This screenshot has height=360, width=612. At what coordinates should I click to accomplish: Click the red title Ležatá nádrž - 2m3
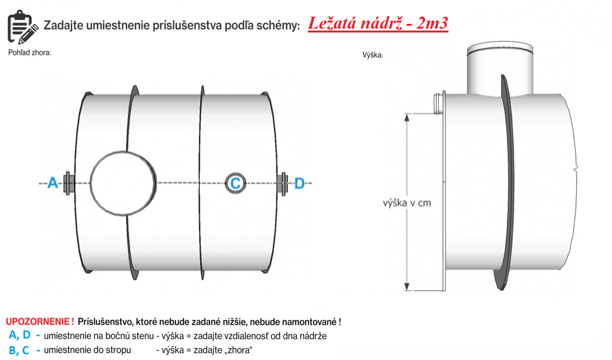coord(378,23)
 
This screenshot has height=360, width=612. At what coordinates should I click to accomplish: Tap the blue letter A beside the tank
coord(53,183)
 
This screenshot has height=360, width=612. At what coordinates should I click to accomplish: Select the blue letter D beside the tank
coord(299,183)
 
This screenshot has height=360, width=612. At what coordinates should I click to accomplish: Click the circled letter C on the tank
coord(235,183)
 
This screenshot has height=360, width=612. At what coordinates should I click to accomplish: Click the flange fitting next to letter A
coord(69,183)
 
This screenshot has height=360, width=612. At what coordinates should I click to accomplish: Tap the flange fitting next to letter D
coord(283,183)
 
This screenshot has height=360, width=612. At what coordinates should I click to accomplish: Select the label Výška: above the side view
coord(372,55)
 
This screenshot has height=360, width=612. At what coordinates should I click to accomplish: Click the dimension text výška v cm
coord(407,203)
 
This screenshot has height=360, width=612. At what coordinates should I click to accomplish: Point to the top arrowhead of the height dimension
coord(407,117)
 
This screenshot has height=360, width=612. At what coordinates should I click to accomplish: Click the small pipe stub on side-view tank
coord(437,105)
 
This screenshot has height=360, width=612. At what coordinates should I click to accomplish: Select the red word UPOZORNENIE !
coord(40,322)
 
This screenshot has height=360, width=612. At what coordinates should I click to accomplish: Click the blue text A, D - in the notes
coord(24,335)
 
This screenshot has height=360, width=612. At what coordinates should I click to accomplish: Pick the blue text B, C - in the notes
coord(24,350)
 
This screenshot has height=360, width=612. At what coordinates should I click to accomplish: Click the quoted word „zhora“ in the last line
coord(237,350)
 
